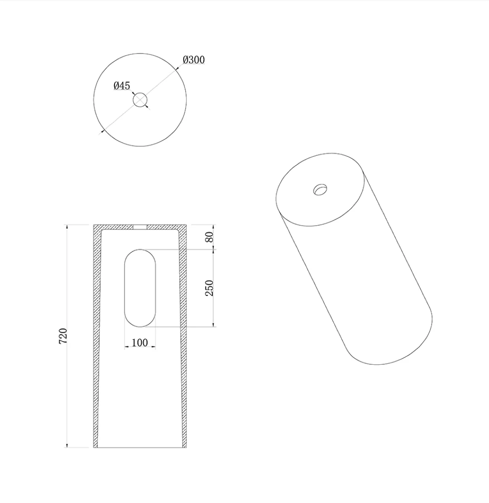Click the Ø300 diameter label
tap(193, 60)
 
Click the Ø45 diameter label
tap(122, 86)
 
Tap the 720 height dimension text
tap(63, 336)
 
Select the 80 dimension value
tap(209, 237)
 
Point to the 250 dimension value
tap(209, 288)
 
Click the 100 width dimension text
tap(140, 343)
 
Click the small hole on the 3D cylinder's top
tap(321, 189)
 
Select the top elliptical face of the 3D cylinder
tap(320, 189)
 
